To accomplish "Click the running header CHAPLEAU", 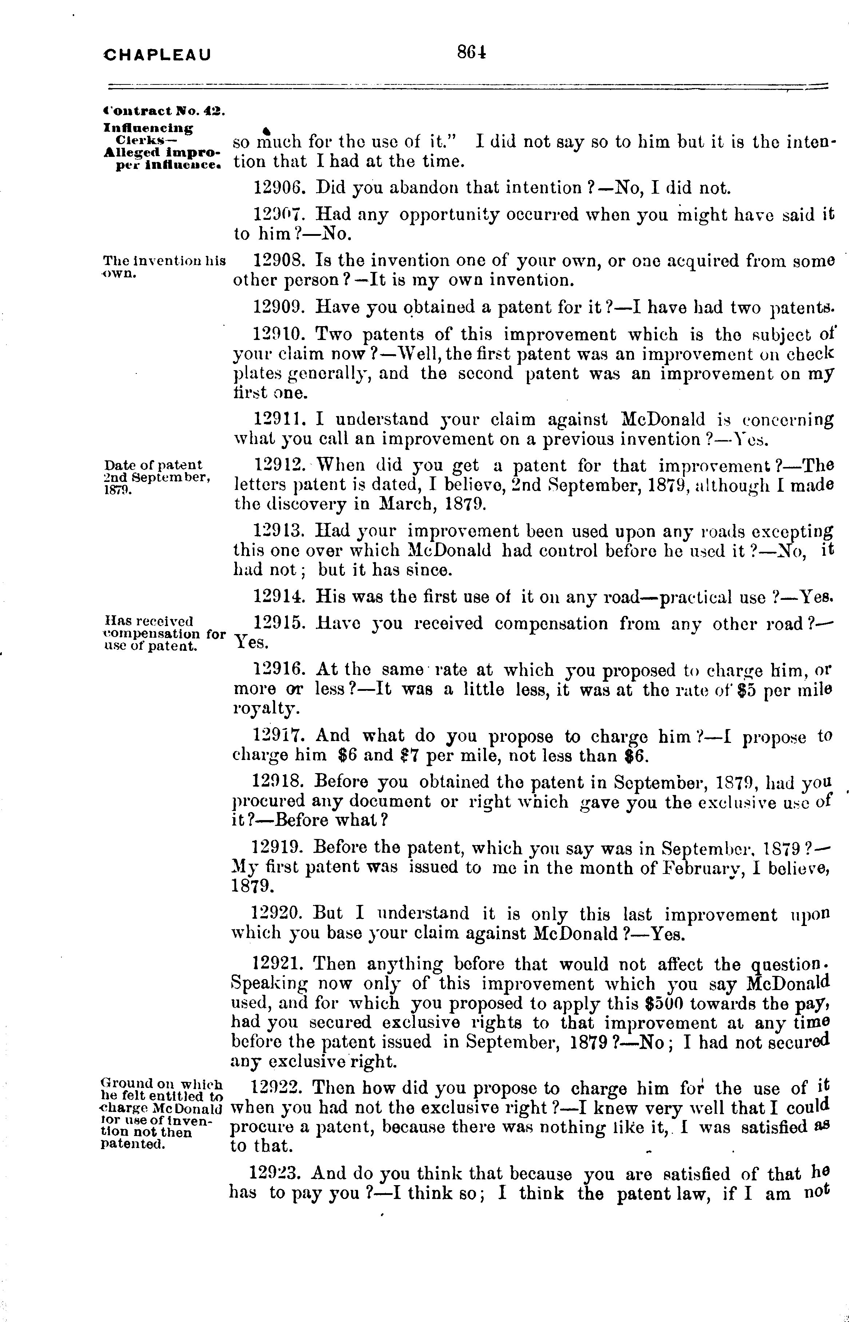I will pos(158,55).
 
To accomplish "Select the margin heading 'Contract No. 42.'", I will pos(163,110).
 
